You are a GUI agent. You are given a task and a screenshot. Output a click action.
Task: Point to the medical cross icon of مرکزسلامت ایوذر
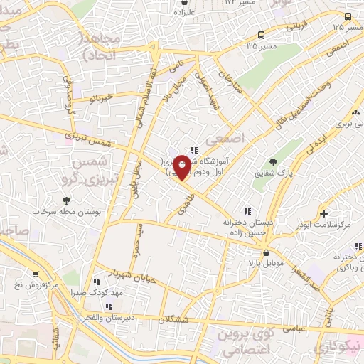click(324, 213)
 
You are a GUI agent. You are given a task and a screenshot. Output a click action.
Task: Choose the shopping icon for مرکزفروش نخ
click(34, 274)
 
